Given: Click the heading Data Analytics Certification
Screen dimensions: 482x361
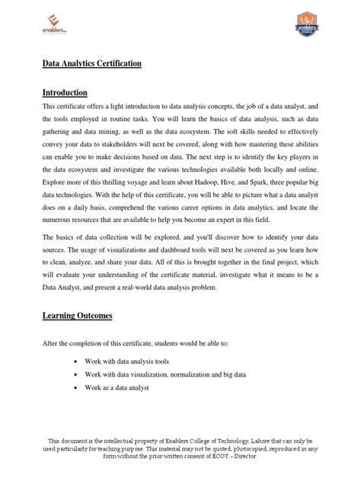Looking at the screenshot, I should point(91,65).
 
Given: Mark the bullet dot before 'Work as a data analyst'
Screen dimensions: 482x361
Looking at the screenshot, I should point(81,388).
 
